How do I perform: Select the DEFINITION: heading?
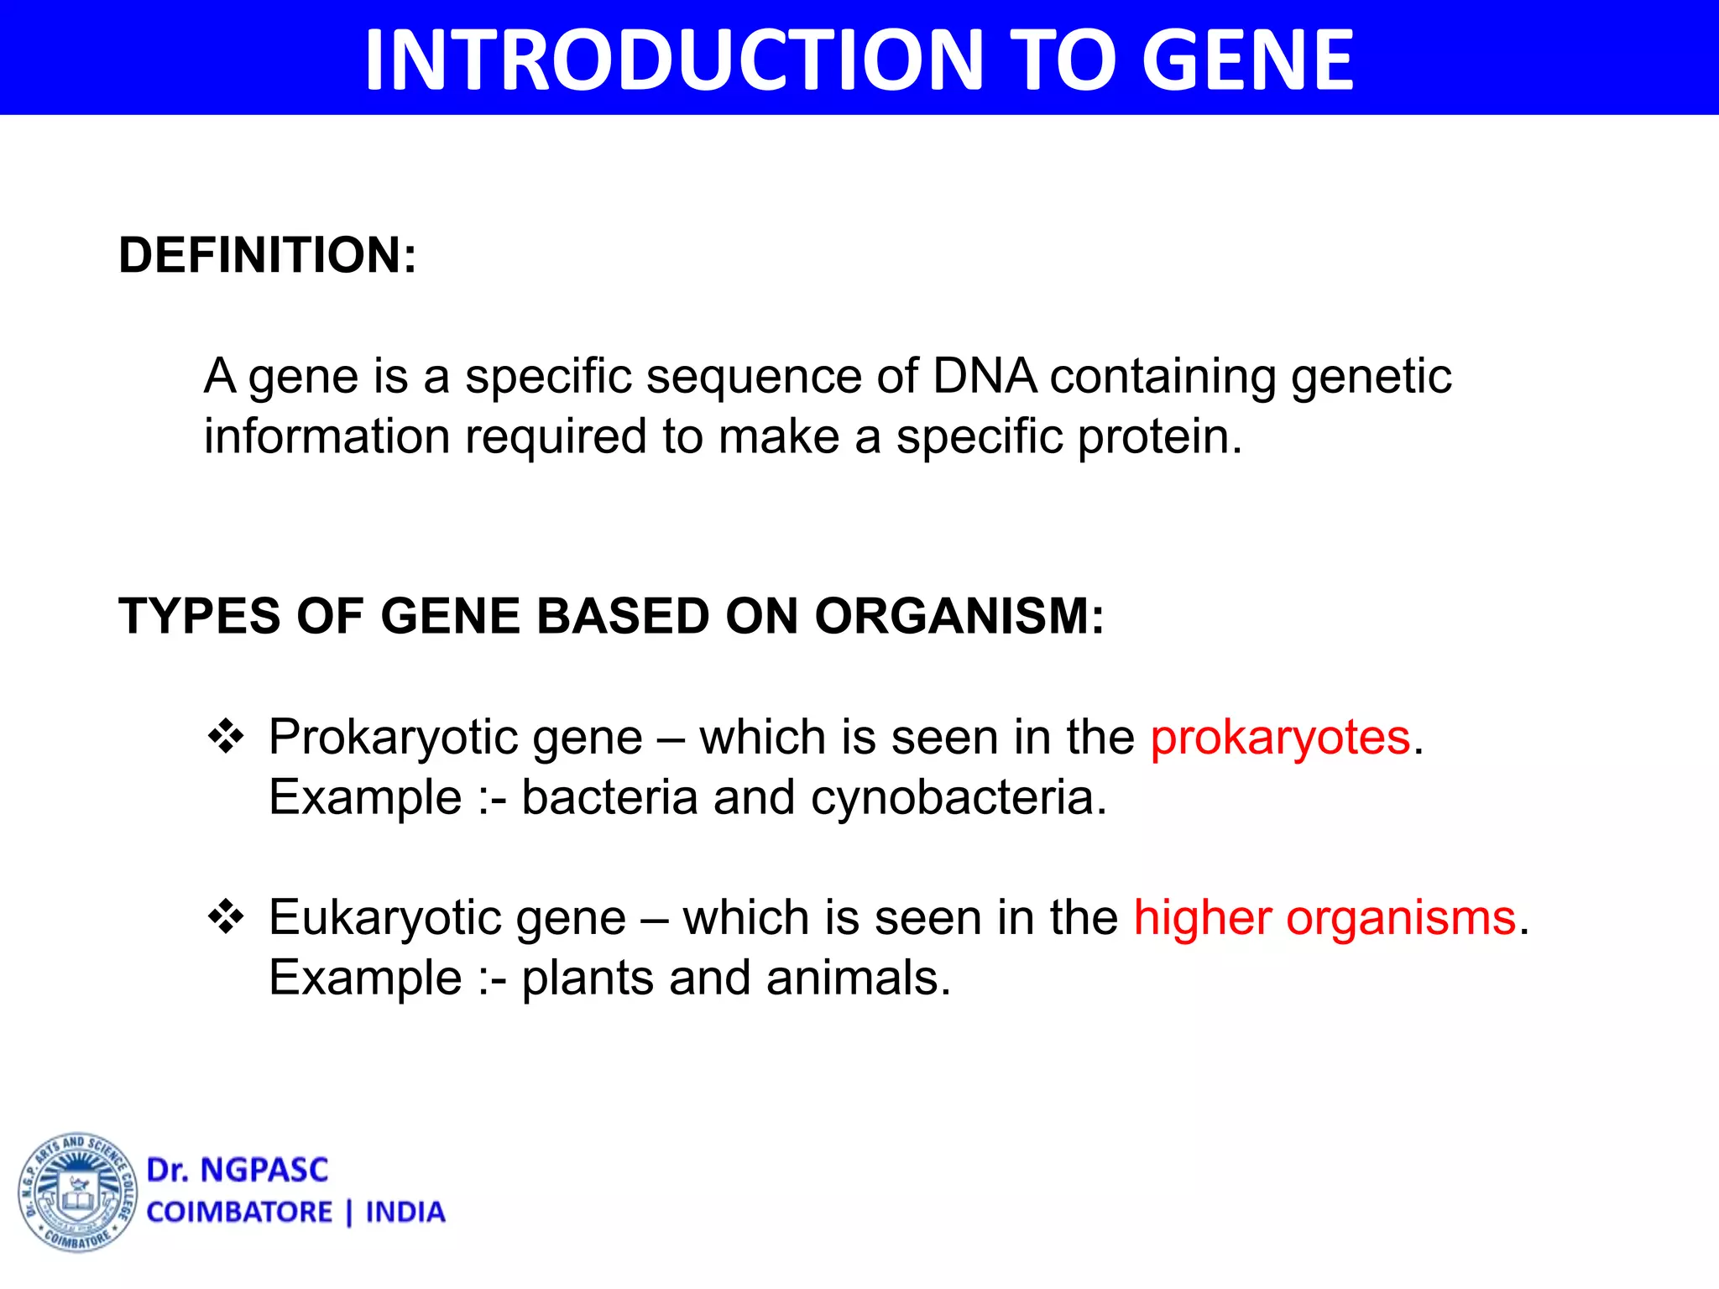[268, 255]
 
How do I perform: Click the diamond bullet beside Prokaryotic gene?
[226, 738]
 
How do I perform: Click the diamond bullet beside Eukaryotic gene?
[226, 917]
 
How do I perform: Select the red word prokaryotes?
[1280, 738]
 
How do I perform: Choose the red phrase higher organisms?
[1325, 917]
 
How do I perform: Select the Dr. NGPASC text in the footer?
[238, 1170]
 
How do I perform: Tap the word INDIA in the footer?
[405, 1213]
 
